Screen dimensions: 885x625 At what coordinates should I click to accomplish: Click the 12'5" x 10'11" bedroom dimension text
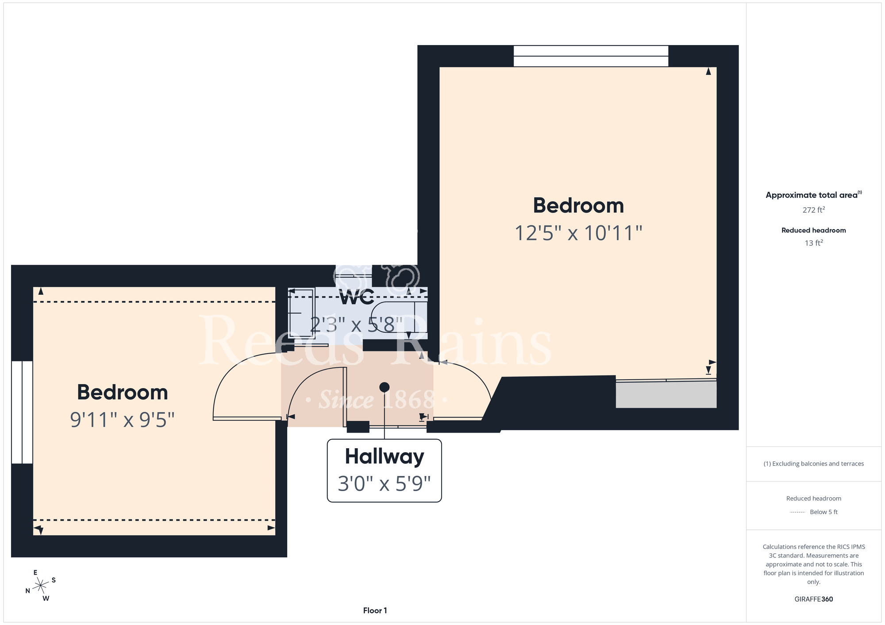pyautogui.click(x=578, y=233)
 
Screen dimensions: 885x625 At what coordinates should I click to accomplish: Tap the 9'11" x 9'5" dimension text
pyautogui.click(x=123, y=420)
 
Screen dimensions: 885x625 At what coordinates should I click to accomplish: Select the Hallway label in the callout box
pyautogui.click(x=385, y=457)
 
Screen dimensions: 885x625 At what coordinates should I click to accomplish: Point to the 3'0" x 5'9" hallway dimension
pyautogui.click(x=384, y=484)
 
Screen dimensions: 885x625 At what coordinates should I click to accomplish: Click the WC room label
pyautogui.click(x=357, y=297)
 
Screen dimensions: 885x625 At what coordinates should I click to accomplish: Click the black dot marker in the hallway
pyautogui.click(x=385, y=387)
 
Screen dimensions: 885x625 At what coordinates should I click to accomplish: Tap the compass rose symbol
pyautogui.click(x=41, y=586)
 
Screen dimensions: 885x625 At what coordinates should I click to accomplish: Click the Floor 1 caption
pyautogui.click(x=375, y=610)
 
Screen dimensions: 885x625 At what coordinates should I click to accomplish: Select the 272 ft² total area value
pyautogui.click(x=814, y=210)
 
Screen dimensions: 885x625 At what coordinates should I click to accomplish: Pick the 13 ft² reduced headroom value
pyautogui.click(x=814, y=243)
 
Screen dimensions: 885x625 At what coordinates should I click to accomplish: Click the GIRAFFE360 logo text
pyautogui.click(x=814, y=599)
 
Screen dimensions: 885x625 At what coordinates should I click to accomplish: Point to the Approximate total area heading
pyautogui.click(x=814, y=195)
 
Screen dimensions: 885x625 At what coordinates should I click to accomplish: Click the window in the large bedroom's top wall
pyautogui.click(x=591, y=56)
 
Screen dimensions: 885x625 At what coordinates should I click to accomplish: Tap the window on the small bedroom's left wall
pyautogui.click(x=22, y=412)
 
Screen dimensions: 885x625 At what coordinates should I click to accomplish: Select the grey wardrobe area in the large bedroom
pyautogui.click(x=666, y=394)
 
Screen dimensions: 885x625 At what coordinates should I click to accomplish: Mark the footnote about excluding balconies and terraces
pyautogui.click(x=814, y=464)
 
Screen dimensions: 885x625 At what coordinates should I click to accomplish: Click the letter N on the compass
pyautogui.click(x=27, y=591)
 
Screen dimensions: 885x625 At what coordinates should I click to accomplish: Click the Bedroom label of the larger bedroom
pyautogui.click(x=578, y=206)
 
